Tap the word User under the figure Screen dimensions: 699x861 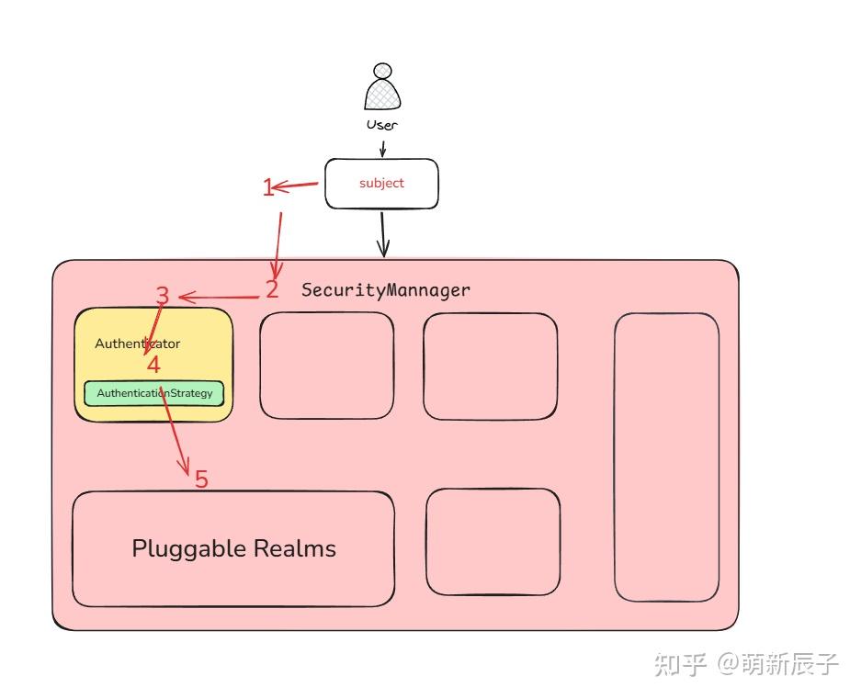(x=382, y=124)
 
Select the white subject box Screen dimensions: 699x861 (x=381, y=183)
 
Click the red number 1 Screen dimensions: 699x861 (x=268, y=188)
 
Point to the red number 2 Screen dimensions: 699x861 (x=272, y=289)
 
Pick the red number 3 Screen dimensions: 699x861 (x=163, y=296)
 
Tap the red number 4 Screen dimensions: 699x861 (x=153, y=365)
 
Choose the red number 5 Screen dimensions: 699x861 (x=201, y=479)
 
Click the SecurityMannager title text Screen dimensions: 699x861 (x=386, y=290)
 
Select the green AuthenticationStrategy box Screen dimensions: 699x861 (x=154, y=393)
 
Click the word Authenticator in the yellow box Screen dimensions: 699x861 (x=137, y=344)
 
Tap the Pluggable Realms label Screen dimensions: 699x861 (x=233, y=548)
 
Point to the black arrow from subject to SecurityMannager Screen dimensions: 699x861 (x=383, y=234)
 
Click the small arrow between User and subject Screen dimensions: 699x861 (x=382, y=149)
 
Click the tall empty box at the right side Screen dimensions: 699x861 (x=666, y=457)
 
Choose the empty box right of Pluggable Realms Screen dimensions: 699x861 (x=493, y=541)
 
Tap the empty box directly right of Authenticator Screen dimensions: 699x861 (x=326, y=366)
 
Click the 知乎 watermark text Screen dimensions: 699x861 (x=679, y=663)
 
